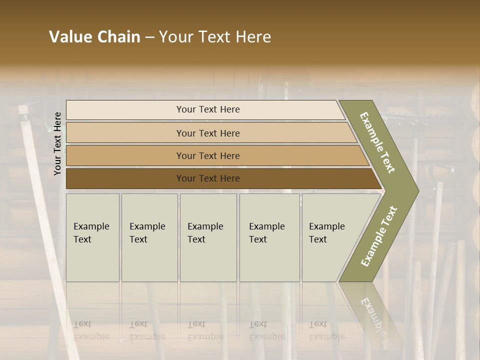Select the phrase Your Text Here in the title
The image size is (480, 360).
[x=215, y=37]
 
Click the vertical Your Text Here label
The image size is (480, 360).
[x=58, y=143]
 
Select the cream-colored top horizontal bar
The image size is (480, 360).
[x=207, y=109]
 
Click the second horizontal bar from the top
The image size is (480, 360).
[x=207, y=133]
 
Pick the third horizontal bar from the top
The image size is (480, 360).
[x=207, y=155]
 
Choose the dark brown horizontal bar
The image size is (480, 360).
[x=207, y=178]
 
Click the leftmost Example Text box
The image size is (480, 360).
[x=92, y=237]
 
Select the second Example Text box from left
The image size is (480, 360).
[x=149, y=237]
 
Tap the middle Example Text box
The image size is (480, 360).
[x=208, y=237]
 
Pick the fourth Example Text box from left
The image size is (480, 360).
[x=269, y=237]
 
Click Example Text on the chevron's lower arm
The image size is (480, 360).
[x=379, y=236]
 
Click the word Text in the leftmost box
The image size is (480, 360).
[x=82, y=239]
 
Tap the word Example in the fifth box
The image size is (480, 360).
[x=327, y=226]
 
